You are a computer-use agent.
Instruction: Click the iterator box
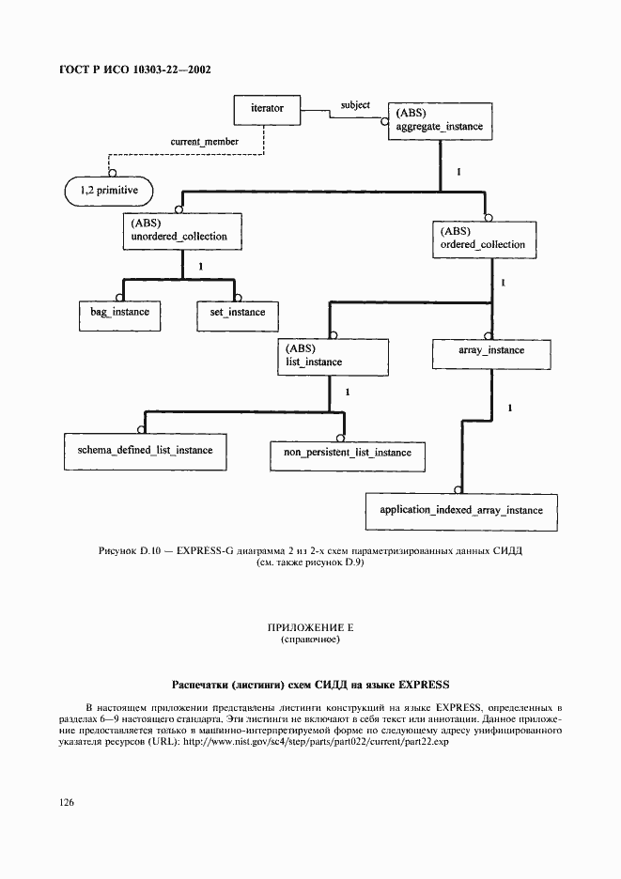(x=267, y=110)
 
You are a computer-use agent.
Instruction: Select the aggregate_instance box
(x=440, y=119)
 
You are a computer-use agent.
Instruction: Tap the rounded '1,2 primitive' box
(x=109, y=191)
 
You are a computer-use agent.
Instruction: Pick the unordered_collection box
(x=180, y=231)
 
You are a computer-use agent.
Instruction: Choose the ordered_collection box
(x=484, y=239)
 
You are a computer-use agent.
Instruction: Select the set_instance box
(x=231, y=313)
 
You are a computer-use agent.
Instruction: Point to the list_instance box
(x=333, y=355)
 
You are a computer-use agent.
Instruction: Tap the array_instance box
(x=491, y=352)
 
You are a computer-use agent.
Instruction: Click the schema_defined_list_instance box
(x=138, y=451)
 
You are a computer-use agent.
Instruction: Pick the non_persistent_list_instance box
(x=348, y=454)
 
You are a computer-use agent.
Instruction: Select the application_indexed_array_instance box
(x=461, y=511)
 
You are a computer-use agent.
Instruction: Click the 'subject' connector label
(x=355, y=105)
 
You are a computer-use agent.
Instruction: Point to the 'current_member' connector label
(x=204, y=142)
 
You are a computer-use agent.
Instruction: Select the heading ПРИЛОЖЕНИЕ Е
(x=310, y=627)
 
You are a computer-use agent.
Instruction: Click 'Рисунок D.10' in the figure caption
(x=132, y=552)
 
